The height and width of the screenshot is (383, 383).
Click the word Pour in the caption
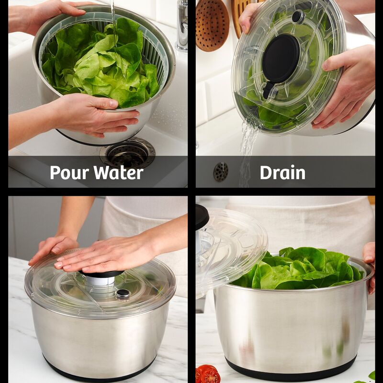pos(69,172)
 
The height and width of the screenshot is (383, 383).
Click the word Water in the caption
pos(118,172)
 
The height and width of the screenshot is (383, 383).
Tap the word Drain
pos(282,172)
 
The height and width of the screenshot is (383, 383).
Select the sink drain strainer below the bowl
pos(128,153)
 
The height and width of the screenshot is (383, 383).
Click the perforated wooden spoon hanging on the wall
pos(212,25)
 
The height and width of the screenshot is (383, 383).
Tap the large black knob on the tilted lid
pos(281,58)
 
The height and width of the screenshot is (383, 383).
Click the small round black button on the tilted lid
pos(298,17)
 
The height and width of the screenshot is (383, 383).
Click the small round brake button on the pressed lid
pos(123,293)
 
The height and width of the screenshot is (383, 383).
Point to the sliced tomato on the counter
pos(207,374)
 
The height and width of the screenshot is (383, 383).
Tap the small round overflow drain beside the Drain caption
pos(221,172)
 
